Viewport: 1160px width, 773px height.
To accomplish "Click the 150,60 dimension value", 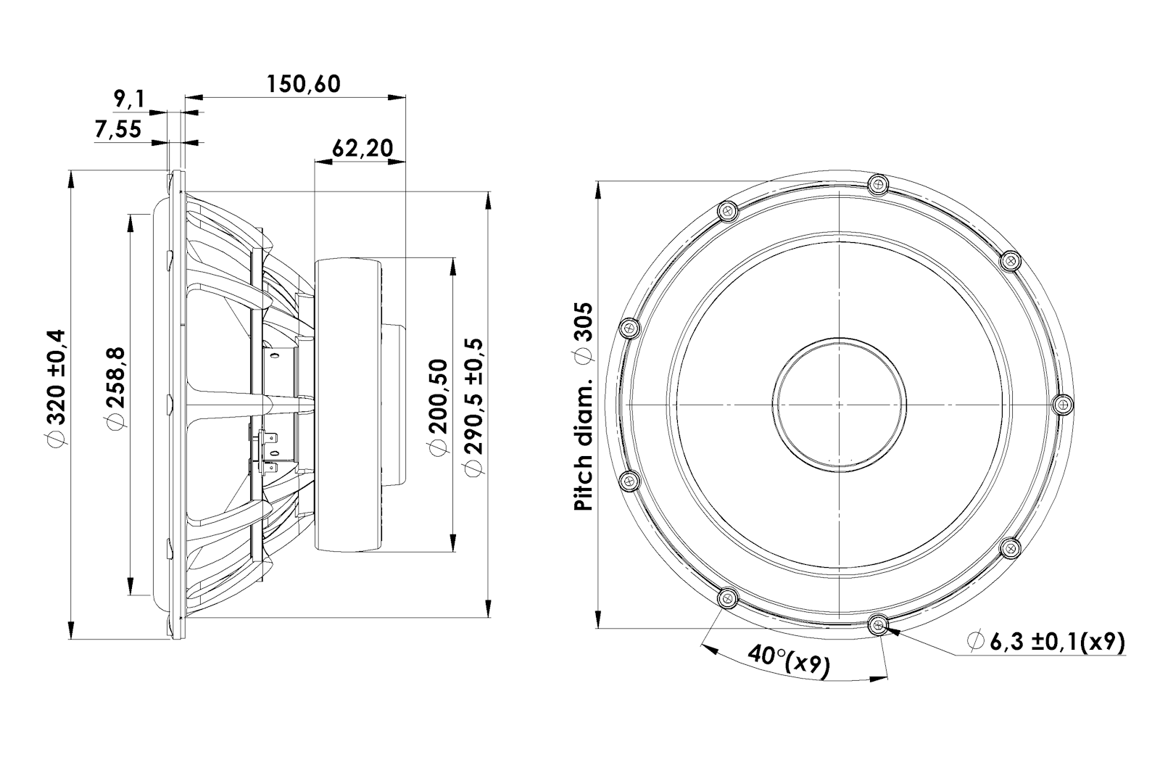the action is coord(304,84).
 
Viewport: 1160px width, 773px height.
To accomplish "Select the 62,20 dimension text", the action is coord(362,148).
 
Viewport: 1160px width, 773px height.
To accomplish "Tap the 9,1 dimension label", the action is coord(130,99).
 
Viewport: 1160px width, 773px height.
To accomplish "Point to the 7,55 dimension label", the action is coord(118,129).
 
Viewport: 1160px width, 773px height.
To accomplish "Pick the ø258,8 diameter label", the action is coord(116,389).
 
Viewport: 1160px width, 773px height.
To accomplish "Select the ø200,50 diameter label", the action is coord(438,408).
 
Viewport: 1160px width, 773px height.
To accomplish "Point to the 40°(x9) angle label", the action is coord(788,660).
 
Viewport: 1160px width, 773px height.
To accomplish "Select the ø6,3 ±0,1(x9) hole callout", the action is coord(1046,642).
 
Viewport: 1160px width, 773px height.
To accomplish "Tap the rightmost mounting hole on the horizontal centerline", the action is coord(1064,404).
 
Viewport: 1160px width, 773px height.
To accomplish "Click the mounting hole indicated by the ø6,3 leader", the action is coord(878,625).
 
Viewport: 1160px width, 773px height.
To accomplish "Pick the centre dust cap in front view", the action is coord(839,405).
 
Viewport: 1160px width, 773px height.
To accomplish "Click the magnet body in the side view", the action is coord(348,405).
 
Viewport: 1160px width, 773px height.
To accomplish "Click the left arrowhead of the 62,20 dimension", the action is coord(323,162).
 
